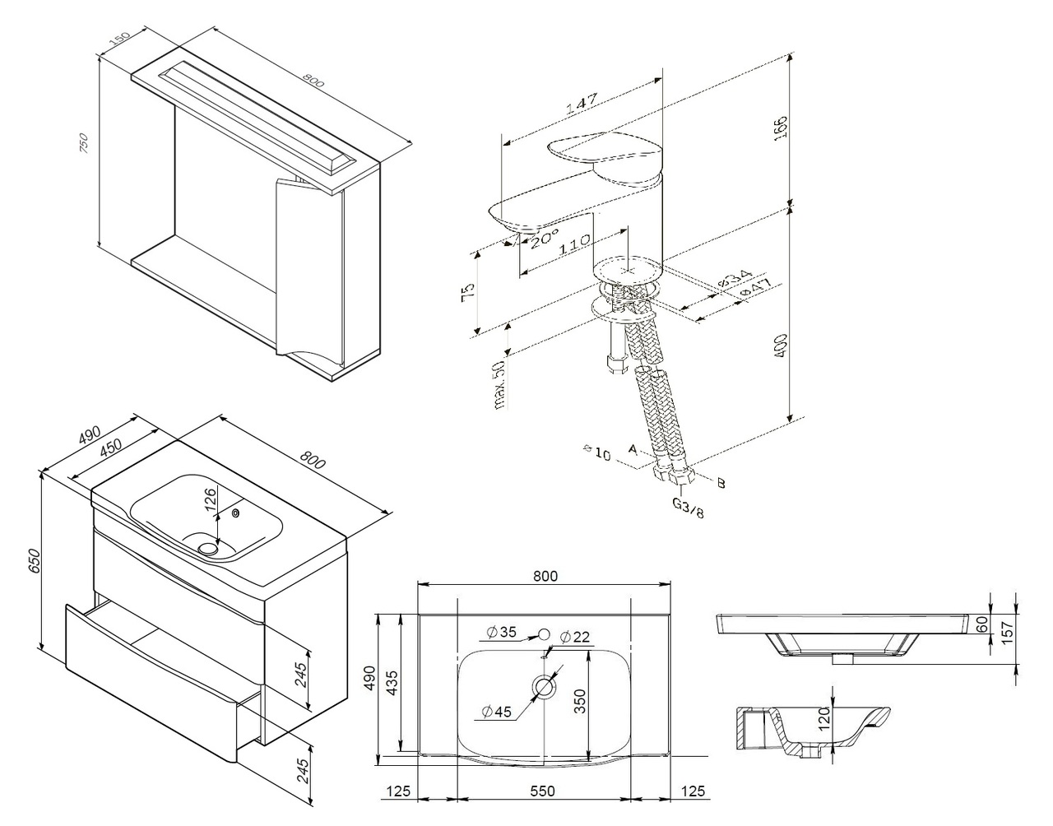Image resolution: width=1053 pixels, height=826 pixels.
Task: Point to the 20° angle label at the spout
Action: pos(543,241)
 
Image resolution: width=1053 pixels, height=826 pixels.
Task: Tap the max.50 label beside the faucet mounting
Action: pos(499,384)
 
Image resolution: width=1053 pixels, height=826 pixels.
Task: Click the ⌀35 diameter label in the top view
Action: pos(501,632)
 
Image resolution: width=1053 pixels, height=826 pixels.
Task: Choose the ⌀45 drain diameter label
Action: pos(499,711)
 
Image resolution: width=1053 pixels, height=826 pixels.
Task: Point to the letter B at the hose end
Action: pos(721,484)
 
